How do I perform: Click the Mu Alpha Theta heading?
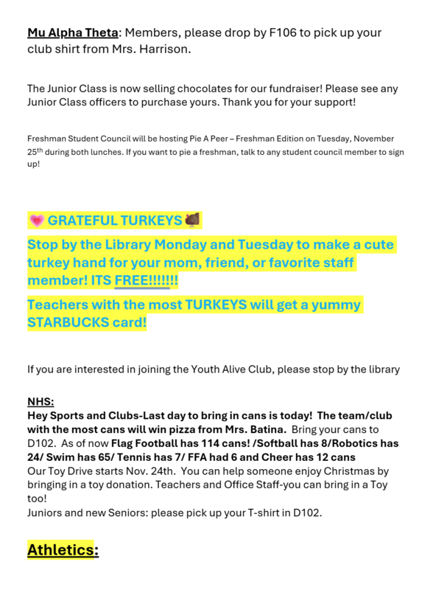click(72, 33)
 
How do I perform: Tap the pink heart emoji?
click(36, 221)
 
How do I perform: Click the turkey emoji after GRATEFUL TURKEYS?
click(192, 220)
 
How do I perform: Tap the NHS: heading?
click(40, 402)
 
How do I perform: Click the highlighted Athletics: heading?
click(63, 550)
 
